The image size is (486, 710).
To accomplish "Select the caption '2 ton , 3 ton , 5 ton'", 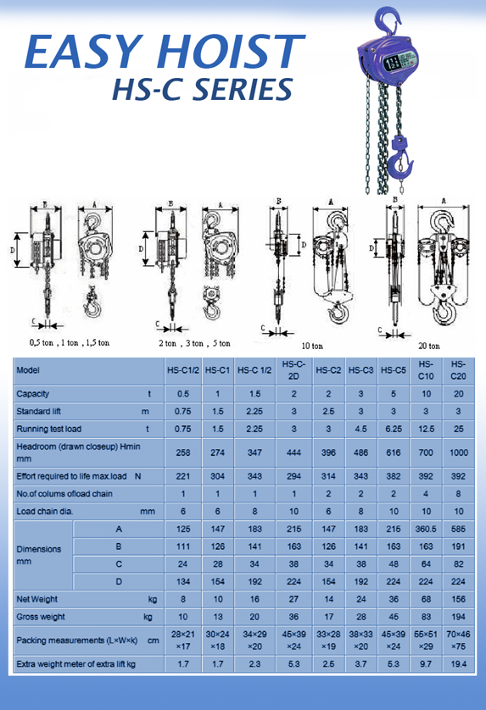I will click(194, 344).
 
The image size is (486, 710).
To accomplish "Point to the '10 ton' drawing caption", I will click(312, 346).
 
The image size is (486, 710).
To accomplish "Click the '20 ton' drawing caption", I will click(428, 346).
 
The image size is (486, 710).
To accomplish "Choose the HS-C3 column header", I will click(361, 370).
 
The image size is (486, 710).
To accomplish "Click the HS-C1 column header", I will click(218, 370).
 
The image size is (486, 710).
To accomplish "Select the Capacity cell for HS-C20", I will click(459, 394).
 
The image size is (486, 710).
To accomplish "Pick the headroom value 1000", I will click(459, 452).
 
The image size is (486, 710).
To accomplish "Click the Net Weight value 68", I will click(426, 599).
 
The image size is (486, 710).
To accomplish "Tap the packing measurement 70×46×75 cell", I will click(459, 640).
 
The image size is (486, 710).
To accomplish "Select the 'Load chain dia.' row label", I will click(51, 511).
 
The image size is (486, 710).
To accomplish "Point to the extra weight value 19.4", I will click(459, 663).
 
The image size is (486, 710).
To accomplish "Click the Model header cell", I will click(28, 370).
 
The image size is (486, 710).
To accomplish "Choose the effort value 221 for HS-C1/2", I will click(182, 476).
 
